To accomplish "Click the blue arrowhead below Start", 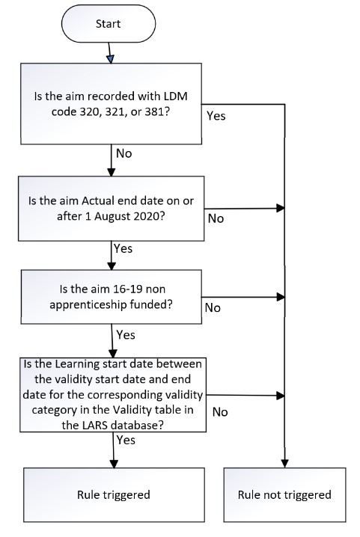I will tap(110, 58).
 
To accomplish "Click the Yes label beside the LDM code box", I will tap(216, 117).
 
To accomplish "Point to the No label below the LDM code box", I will tap(125, 153).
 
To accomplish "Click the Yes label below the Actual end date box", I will tap(124, 247).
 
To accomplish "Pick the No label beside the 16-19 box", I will tap(213, 308).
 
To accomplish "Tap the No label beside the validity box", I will tap(220, 411).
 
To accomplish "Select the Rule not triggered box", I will tap(284, 494).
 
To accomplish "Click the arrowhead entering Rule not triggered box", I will tap(285, 464).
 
